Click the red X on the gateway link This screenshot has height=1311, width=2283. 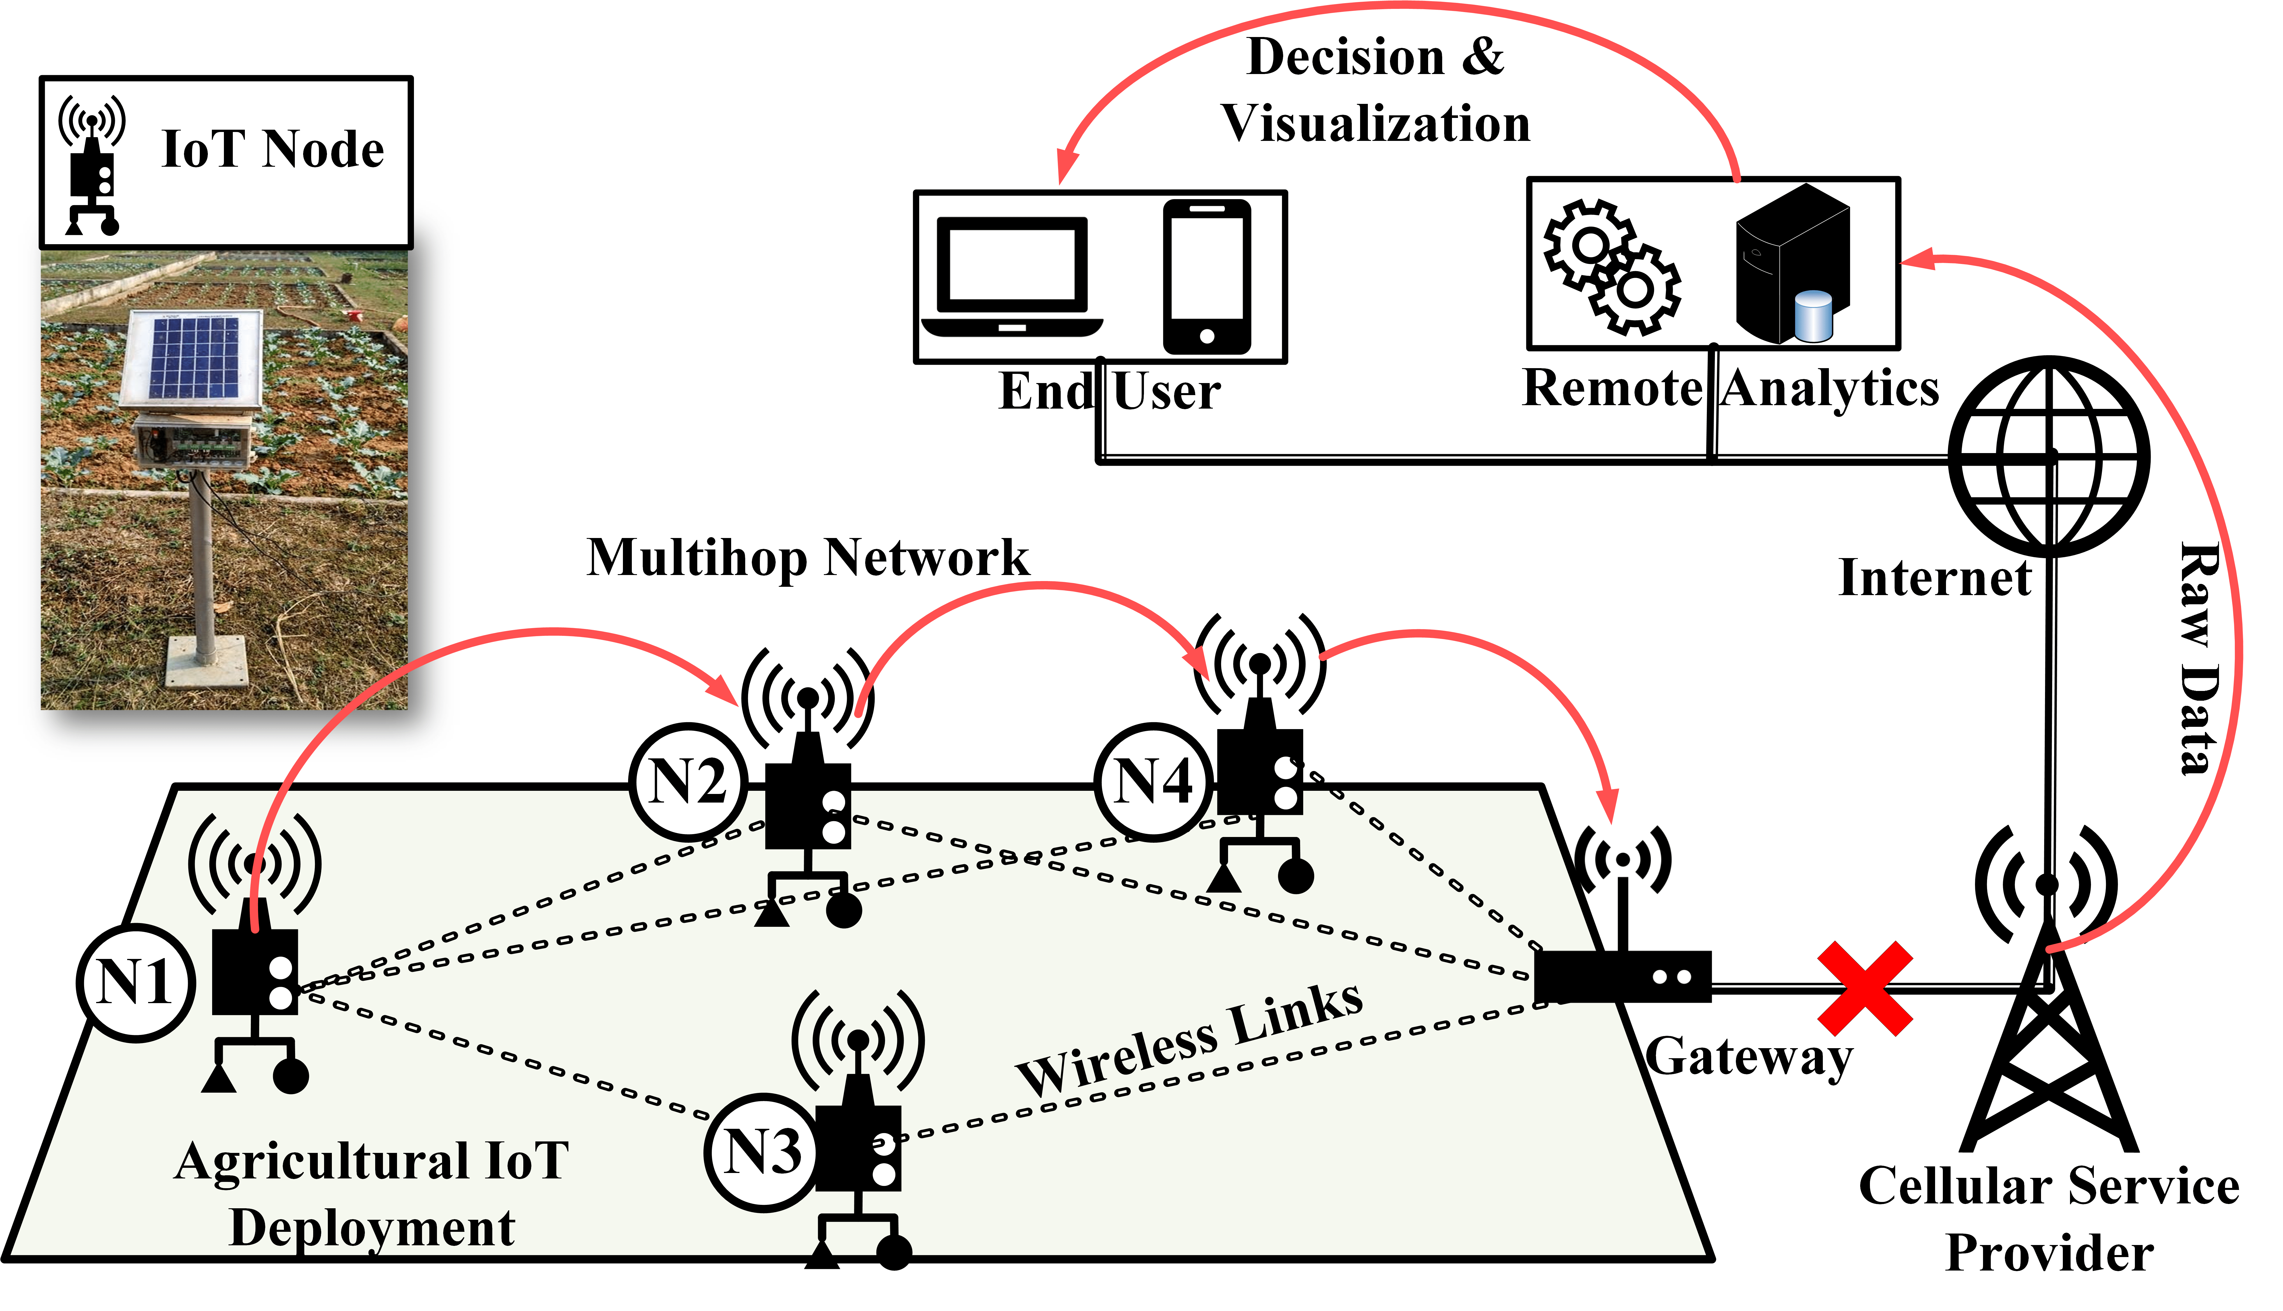1864,988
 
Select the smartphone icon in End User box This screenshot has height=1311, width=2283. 1207,276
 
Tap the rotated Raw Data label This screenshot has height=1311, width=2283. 2199,657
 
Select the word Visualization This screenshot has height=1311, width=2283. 1375,123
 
